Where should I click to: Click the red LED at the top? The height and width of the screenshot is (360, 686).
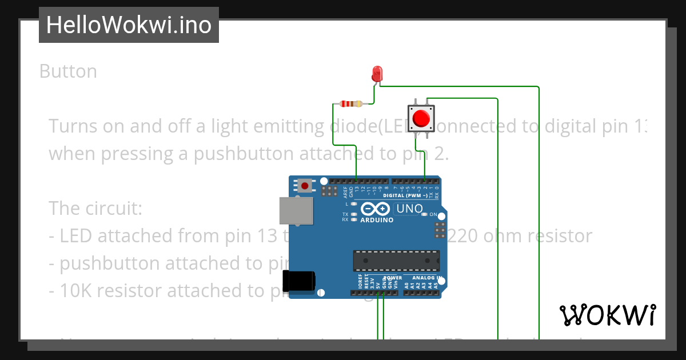point(377,74)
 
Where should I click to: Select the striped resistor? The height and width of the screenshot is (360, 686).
point(351,104)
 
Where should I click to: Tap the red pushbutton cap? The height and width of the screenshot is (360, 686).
point(421,118)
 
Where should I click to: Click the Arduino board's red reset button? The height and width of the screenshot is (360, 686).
point(305,186)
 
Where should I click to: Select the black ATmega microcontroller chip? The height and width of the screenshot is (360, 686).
point(396,260)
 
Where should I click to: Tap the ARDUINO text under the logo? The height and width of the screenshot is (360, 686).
point(377,220)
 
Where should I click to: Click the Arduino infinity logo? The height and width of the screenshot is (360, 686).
point(376,209)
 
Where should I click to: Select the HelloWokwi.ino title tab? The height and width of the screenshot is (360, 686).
point(129,25)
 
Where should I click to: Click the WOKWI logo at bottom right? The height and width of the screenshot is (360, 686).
point(607,315)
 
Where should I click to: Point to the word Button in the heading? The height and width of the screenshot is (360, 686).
point(68,71)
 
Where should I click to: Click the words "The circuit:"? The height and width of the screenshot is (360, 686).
point(95,208)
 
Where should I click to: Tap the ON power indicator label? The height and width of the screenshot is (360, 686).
point(433,215)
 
